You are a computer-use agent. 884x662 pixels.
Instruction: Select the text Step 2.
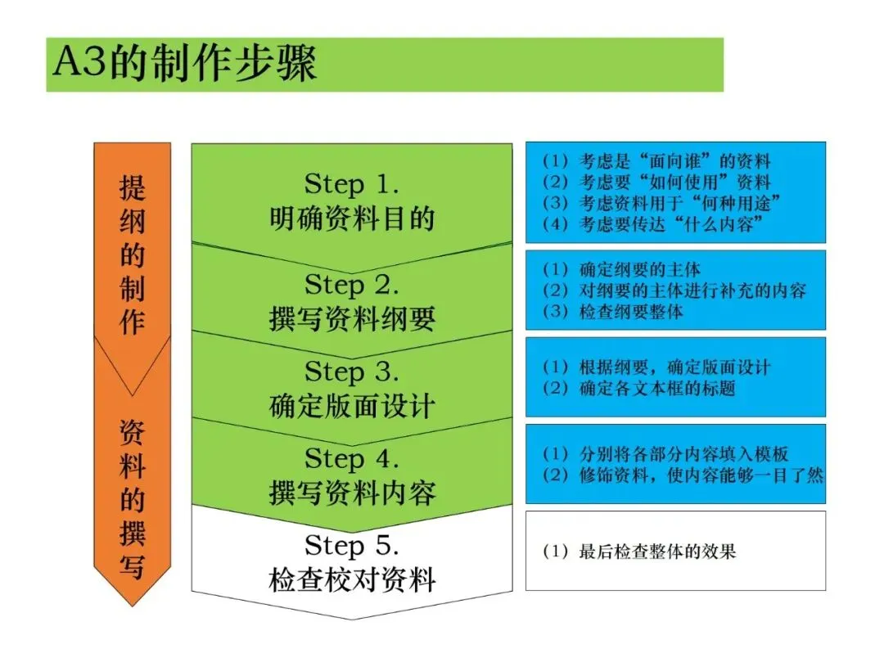(x=352, y=285)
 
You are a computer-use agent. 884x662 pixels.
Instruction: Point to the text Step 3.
(x=352, y=372)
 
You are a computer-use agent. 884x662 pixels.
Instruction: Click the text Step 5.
(x=352, y=545)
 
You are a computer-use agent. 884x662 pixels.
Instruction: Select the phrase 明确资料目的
(x=352, y=218)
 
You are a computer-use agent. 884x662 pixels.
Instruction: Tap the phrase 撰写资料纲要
(x=352, y=319)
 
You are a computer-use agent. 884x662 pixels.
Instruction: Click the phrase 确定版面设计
(x=352, y=407)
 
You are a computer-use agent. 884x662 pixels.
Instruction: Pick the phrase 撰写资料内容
(x=352, y=493)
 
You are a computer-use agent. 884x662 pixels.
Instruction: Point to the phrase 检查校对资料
(x=352, y=581)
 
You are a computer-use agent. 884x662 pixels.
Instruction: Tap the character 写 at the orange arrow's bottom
(x=133, y=566)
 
